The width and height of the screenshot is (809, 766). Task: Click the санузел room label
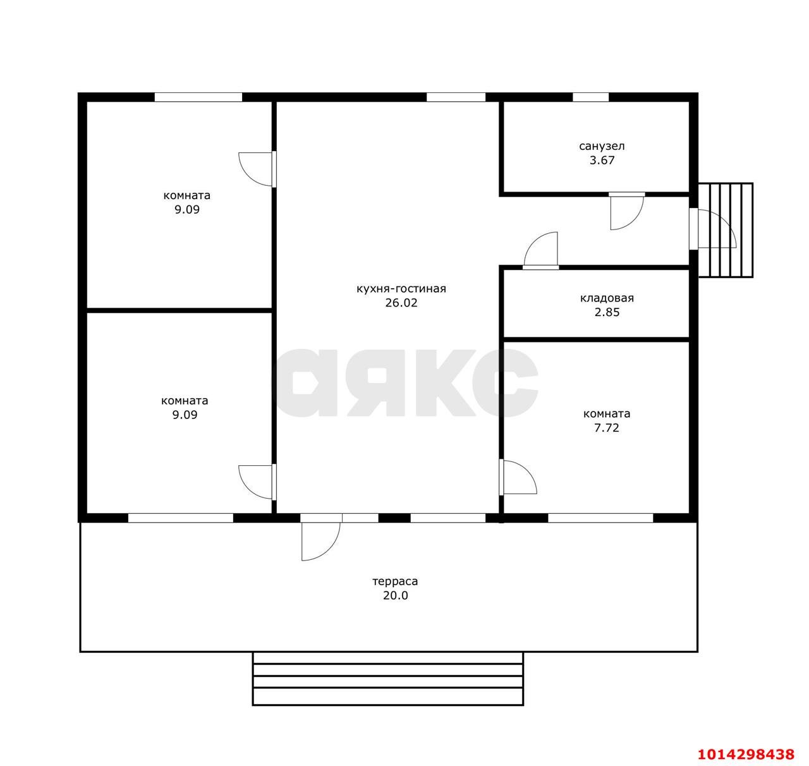pyautogui.click(x=602, y=146)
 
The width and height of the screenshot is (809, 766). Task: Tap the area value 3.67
pyautogui.click(x=602, y=160)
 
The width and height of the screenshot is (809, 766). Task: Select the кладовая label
pyautogui.click(x=607, y=298)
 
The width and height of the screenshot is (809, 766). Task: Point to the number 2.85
pyautogui.click(x=607, y=312)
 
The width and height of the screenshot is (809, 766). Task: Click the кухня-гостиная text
pyautogui.click(x=401, y=289)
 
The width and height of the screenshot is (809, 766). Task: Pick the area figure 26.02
pyautogui.click(x=401, y=303)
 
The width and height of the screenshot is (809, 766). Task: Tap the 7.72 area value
pyautogui.click(x=607, y=428)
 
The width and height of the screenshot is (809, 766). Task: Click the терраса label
pyautogui.click(x=395, y=581)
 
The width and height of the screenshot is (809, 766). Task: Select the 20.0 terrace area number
pyautogui.click(x=396, y=595)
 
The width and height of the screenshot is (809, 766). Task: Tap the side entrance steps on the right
pyautogui.click(x=726, y=230)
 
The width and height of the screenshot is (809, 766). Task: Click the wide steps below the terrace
pyautogui.click(x=387, y=678)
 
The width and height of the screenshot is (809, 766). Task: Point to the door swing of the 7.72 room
pyautogui.click(x=520, y=477)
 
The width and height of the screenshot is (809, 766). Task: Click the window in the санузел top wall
pyautogui.click(x=590, y=97)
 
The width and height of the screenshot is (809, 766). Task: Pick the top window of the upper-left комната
pyautogui.click(x=198, y=97)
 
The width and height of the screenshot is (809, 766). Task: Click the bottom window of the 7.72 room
pyautogui.click(x=600, y=518)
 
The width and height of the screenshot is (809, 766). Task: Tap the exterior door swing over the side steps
pyautogui.click(x=717, y=228)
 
